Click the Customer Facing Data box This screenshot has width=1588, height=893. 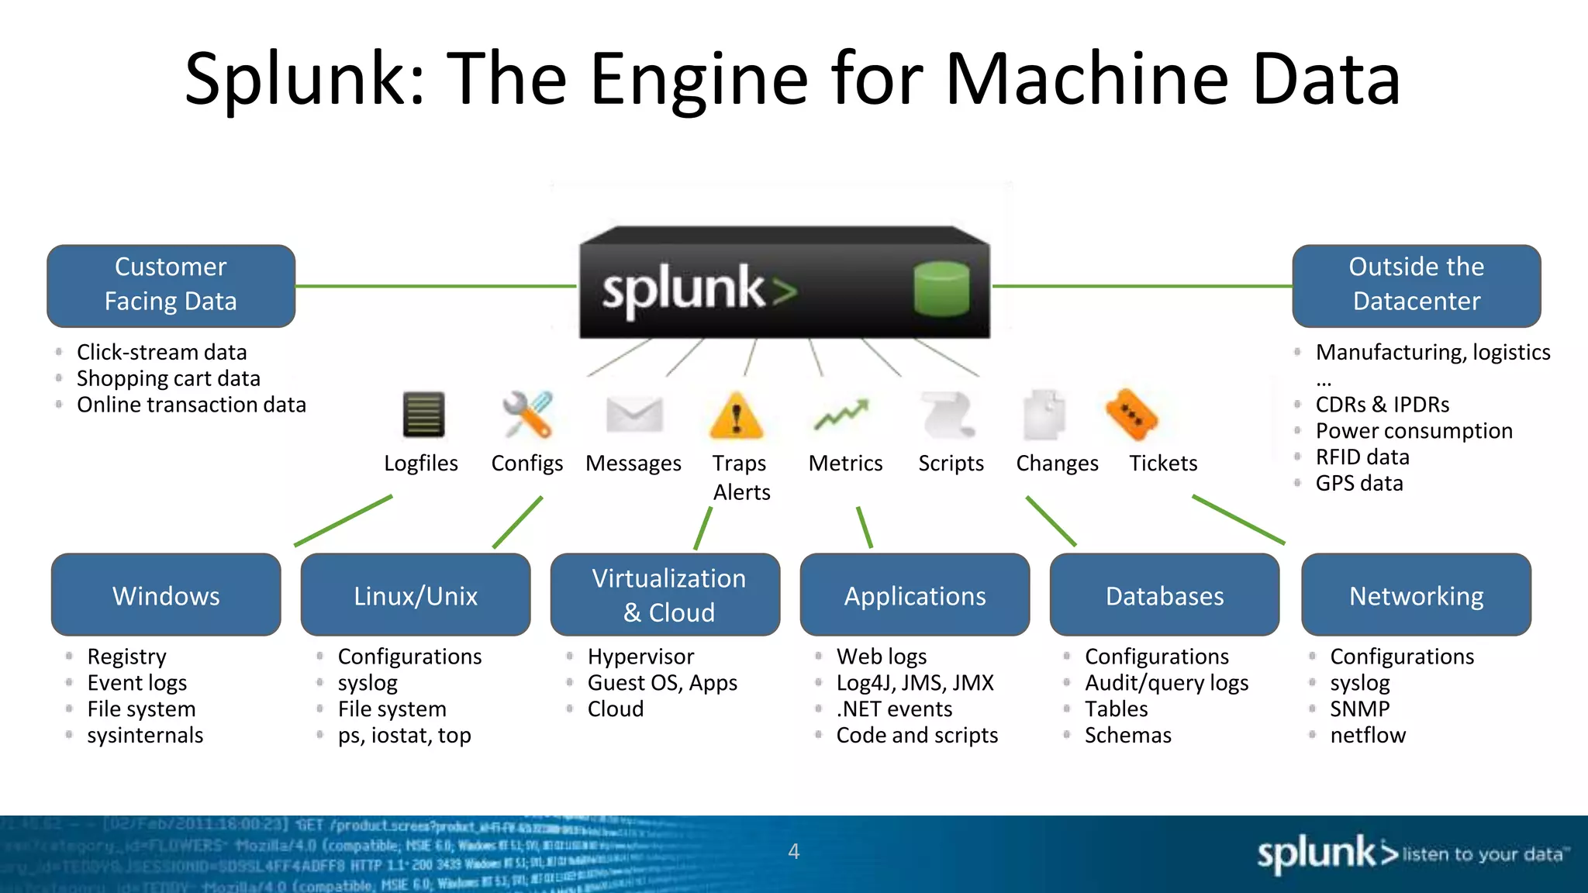tap(171, 285)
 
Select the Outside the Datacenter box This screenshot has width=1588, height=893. tap(1416, 285)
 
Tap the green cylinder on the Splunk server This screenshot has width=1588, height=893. tap(941, 288)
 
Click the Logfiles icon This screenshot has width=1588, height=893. tap(423, 415)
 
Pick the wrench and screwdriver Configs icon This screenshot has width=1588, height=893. tap(527, 415)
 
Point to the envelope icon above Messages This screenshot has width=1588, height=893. tap(634, 415)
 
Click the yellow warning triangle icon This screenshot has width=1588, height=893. tap(737, 416)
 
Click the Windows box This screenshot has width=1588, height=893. tap(166, 595)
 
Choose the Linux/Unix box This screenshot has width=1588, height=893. tap(416, 595)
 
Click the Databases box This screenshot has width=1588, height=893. tap(1164, 595)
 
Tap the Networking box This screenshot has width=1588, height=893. tap(1416, 595)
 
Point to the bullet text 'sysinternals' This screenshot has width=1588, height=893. tap(145, 735)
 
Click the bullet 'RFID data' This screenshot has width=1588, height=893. tap(1362, 457)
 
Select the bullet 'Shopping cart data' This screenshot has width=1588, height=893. tap(168, 378)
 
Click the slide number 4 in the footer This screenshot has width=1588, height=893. tap(793, 851)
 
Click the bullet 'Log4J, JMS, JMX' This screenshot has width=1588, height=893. tap(915, 683)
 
